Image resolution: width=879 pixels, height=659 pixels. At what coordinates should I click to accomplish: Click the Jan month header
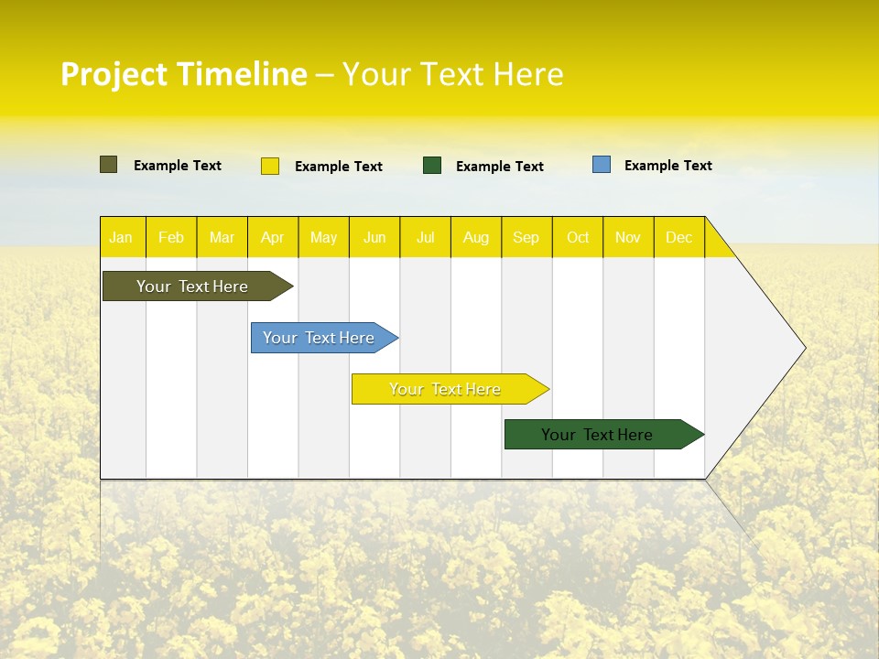tap(121, 237)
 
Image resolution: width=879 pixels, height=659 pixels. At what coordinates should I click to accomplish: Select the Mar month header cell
tap(222, 237)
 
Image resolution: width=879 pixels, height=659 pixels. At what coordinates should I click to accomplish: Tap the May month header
tap(323, 237)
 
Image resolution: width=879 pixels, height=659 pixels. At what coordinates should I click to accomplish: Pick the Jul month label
tap(425, 237)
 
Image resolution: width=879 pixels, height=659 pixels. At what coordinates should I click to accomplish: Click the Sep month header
tap(526, 237)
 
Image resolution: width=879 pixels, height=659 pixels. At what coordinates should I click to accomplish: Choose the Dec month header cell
tap(678, 237)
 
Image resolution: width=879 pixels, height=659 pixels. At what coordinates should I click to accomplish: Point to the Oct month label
tap(578, 237)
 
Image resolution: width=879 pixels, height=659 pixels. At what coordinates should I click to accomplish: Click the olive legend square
tap(108, 165)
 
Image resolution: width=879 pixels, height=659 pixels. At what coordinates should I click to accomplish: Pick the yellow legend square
tap(270, 166)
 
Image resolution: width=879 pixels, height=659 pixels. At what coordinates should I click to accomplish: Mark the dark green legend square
tap(432, 166)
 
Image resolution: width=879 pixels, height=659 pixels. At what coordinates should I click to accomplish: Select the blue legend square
tap(602, 165)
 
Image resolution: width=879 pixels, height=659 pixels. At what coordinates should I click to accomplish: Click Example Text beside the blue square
tap(667, 166)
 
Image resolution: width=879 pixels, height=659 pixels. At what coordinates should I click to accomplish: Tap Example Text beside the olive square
tap(178, 166)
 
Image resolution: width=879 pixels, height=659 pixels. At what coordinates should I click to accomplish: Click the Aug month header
tap(475, 237)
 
